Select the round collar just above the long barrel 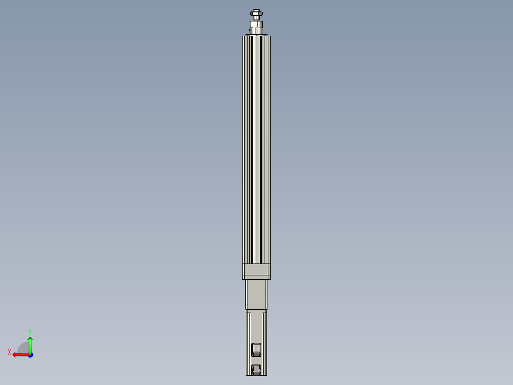[257, 31]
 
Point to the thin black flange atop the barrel [256, 35]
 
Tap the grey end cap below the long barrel [256, 269]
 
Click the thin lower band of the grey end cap [256, 277]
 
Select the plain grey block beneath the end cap [256, 294]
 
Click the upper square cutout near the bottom [256, 349]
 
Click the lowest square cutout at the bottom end [256, 369]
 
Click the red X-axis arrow [19, 355]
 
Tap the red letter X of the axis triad [10, 352]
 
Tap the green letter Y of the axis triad [30, 331]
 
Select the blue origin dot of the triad [30, 355]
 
